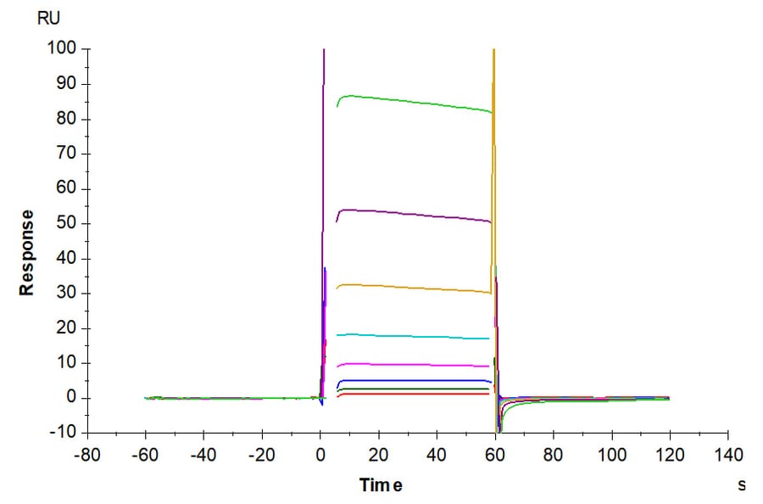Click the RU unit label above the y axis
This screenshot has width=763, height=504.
(x=49, y=18)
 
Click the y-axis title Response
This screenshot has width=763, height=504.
(x=28, y=253)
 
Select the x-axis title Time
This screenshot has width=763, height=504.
(x=380, y=485)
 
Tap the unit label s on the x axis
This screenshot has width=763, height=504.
(x=742, y=484)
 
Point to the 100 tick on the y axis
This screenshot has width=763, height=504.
(x=64, y=49)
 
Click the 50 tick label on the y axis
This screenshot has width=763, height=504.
(x=68, y=223)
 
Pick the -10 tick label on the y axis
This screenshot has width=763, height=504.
(x=64, y=432)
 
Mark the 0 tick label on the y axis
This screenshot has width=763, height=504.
(x=72, y=397)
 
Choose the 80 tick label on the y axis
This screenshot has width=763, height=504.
(x=68, y=119)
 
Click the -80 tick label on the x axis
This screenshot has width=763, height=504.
(x=87, y=456)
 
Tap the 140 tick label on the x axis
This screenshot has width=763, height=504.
(x=728, y=456)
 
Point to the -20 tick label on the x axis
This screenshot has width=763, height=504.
(x=261, y=456)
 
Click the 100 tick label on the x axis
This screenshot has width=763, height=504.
(x=611, y=456)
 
